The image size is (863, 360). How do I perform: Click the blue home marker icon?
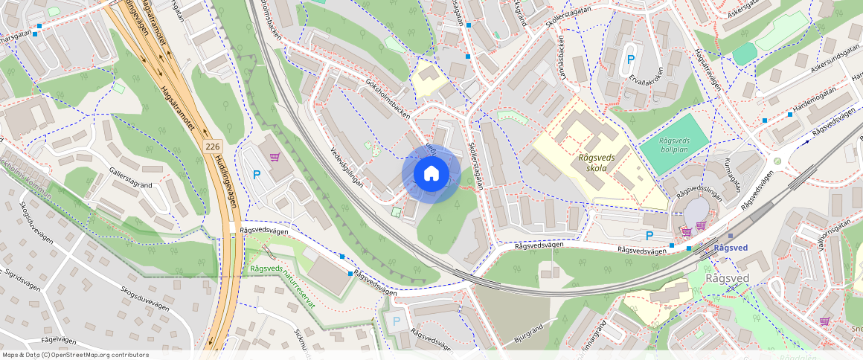click(x=431, y=174)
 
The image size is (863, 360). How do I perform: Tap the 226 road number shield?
click(x=212, y=147)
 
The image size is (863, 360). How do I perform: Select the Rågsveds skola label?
click(x=597, y=162)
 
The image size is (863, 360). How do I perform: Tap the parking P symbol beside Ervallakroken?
click(x=631, y=60)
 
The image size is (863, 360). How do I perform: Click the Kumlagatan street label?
click(x=732, y=173)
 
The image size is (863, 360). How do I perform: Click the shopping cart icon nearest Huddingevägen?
click(x=275, y=157)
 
